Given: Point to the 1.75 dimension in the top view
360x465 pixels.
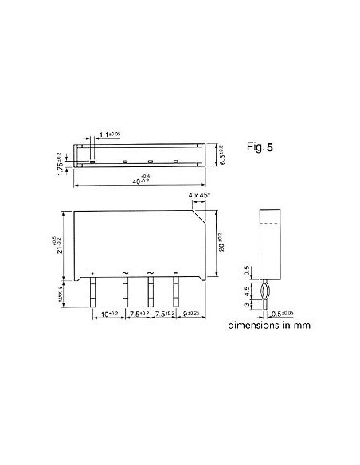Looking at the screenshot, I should click(60, 162).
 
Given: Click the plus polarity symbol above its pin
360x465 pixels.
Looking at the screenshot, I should click(94, 273).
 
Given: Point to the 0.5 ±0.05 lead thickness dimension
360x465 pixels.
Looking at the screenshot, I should click(292, 315).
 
